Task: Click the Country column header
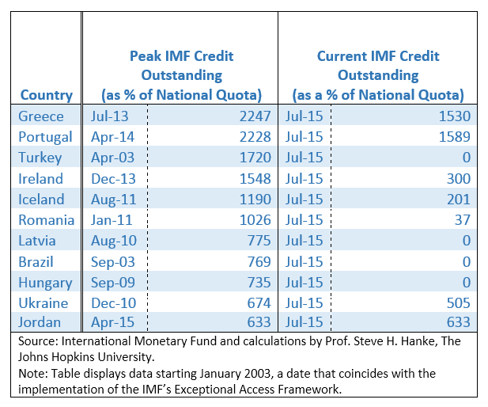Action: [47, 95]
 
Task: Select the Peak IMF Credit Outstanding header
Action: [181, 76]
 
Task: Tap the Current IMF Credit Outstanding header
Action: [377, 76]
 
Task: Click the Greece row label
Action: [41, 116]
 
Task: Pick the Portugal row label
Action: [45, 137]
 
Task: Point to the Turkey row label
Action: [41, 158]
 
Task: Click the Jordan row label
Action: [40, 323]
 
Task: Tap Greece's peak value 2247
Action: [254, 116]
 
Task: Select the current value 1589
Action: [454, 137]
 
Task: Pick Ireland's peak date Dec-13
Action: [111, 179]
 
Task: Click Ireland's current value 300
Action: [459, 179]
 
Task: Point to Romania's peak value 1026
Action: [254, 220]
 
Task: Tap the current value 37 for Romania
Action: [463, 220]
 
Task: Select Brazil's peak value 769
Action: [258, 261]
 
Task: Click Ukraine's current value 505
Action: [459, 302]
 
